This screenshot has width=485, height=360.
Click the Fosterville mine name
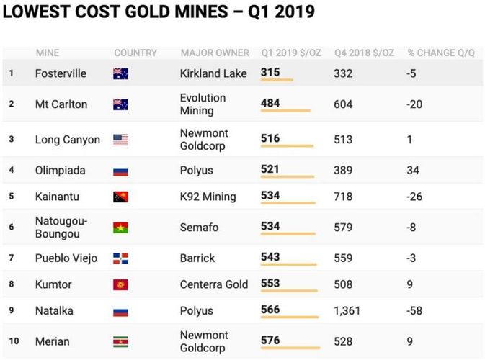pos(61,73)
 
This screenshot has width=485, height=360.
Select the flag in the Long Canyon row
pos(120,140)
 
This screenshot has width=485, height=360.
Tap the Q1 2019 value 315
pos(270,72)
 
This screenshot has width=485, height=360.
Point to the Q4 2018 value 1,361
pos(349,310)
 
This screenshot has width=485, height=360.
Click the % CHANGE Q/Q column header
pos(441,53)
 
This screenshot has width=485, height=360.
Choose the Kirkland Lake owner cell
pos(213,73)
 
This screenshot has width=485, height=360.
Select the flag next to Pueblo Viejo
pos(120,258)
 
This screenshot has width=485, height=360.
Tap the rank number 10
pos(12,341)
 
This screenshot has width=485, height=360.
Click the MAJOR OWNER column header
pos(215,53)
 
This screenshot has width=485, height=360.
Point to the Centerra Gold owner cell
pos(214,284)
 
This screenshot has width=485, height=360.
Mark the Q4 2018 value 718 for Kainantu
pos(343,196)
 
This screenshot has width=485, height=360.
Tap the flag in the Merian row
pos(120,341)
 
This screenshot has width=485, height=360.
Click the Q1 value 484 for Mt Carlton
pos(270,104)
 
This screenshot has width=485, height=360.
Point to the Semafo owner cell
pos(199,227)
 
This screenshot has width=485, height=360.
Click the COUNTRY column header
pos(135,53)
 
